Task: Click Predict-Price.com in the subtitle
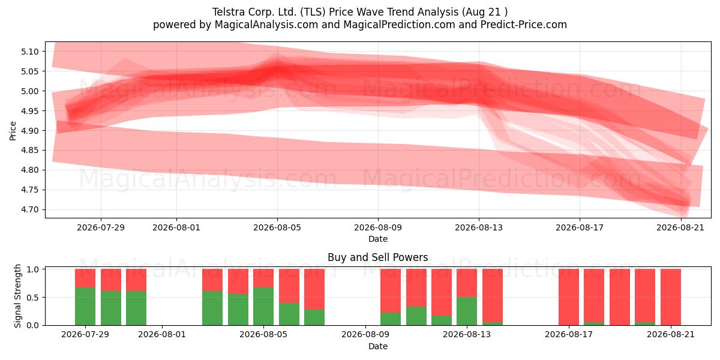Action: point(524,25)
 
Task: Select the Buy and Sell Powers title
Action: point(377,257)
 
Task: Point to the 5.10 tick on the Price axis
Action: point(29,52)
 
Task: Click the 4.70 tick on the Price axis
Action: point(29,209)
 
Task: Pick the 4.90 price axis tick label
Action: point(29,131)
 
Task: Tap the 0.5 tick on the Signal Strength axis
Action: point(32,298)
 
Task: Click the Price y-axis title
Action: point(13,131)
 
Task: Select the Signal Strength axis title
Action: point(17,296)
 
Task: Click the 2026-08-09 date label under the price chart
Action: point(377,227)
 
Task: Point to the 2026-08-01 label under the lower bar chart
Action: point(162,334)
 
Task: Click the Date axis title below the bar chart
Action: point(377,346)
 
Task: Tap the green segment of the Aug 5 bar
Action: point(263,306)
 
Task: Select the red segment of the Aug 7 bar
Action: point(314,289)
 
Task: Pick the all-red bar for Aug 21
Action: point(671,297)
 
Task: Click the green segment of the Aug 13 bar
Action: point(467,311)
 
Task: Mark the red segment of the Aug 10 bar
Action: point(391,291)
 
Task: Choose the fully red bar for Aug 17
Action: point(569,297)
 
